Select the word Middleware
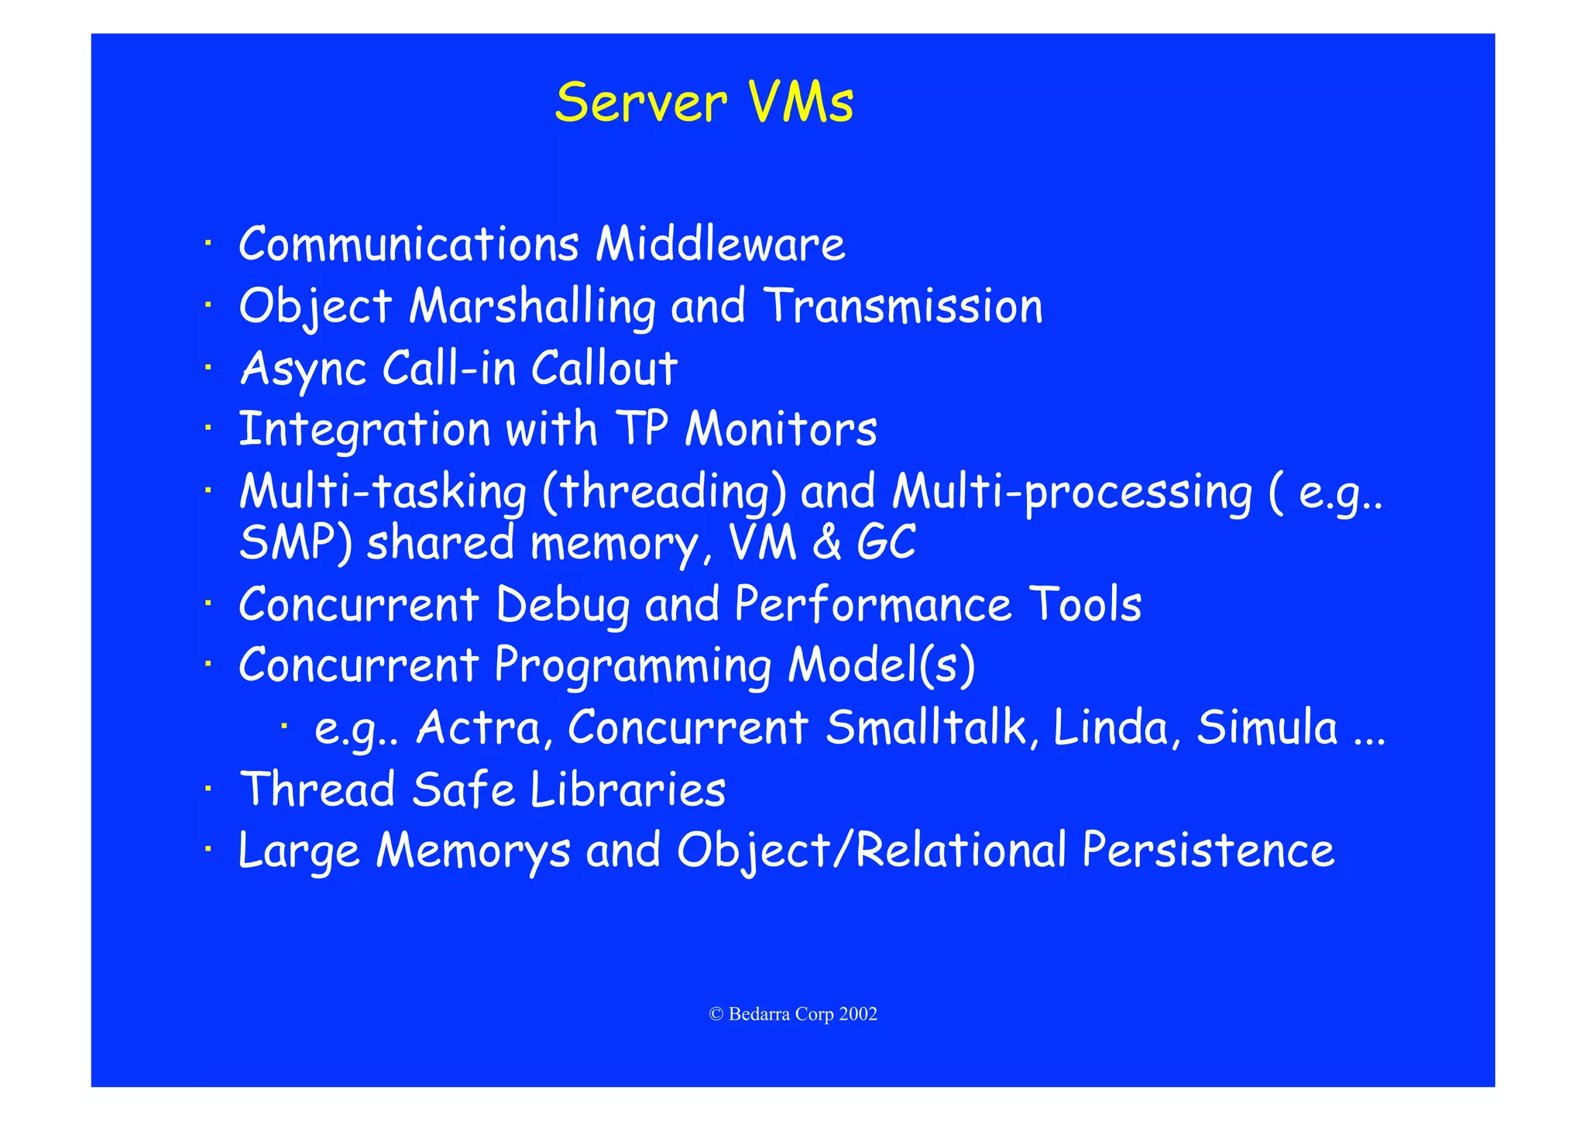(720, 244)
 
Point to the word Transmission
(903, 306)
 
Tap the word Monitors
(781, 429)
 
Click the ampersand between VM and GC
(827, 542)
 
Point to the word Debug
(563, 604)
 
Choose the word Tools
(1085, 604)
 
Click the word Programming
(633, 666)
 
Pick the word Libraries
(628, 789)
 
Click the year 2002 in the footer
(858, 1014)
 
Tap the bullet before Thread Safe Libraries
(208, 789)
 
